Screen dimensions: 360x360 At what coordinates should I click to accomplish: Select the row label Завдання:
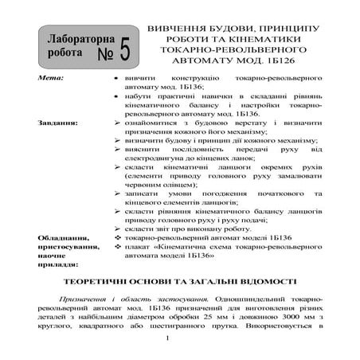[x=57, y=124]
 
